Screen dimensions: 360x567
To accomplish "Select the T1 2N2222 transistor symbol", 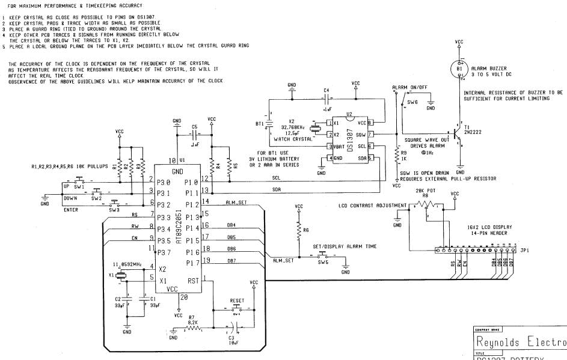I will [x=456, y=135].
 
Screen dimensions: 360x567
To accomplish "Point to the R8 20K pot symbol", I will [x=426, y=204].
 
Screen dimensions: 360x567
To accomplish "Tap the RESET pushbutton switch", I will [x=236, y=311].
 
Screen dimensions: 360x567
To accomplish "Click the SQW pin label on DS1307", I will [x=361, y=134].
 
